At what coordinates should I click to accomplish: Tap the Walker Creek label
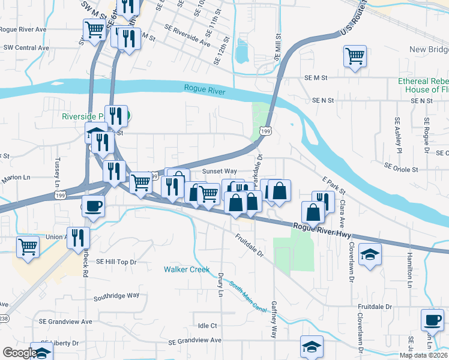coord(187,269)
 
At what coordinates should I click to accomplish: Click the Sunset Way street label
coord(219,171)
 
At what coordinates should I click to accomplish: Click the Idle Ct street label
coord(206,326)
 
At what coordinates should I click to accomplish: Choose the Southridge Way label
coord(116,296)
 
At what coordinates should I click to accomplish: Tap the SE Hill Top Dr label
coord(116,262)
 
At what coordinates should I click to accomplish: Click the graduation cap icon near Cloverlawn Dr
coord(370,254)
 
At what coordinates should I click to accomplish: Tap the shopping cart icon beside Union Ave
coord(28,246)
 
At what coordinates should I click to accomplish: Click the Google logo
coord(19,353)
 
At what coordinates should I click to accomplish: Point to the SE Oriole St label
coord(401,169)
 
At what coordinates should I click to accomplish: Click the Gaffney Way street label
coord(274,320)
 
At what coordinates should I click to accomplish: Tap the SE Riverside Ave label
coord(190,40)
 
